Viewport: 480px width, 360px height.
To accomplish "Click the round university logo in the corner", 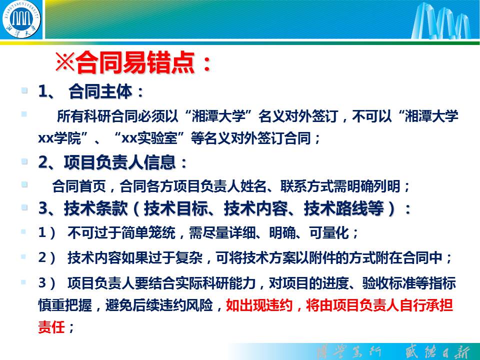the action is (x=21, y=19).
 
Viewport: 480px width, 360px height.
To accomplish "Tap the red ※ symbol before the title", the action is (x=65, y=62).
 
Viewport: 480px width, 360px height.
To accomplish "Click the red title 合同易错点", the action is (x=135, y=62).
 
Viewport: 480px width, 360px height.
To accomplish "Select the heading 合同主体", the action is (x=100, y=91).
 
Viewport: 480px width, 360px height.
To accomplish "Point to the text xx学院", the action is (x=59, y=138).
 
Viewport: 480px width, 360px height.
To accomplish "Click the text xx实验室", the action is (x=149, y=138).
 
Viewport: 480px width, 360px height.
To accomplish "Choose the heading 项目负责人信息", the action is (x=119, y=162).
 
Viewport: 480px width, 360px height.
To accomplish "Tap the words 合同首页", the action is (x=79, y=186).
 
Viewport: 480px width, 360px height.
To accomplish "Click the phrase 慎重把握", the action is (x=65, y=305).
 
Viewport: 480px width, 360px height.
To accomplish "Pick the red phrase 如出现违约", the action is (x=259, y=305).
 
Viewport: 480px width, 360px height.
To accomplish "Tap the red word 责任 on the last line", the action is (x=51, y=326).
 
